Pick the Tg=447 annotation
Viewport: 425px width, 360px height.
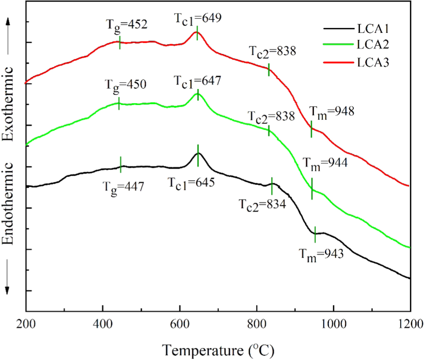(x=123, y=186)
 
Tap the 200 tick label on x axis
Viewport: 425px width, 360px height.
(x=26, y=323)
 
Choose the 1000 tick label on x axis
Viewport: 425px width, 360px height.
(x=333, y=323)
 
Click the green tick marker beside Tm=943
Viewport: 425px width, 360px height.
(x=315, y=234)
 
